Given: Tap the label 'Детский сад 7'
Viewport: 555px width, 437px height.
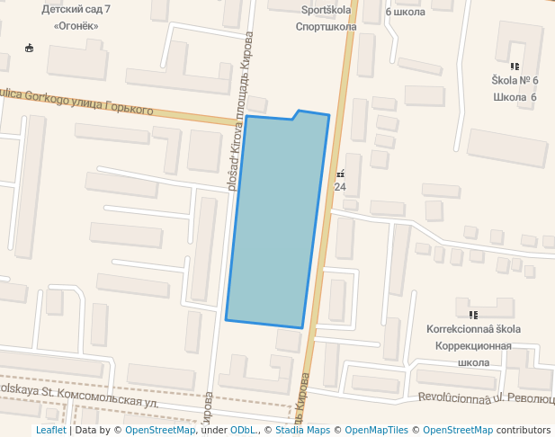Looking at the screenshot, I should coord(76,9).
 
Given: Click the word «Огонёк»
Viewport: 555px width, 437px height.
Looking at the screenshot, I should coord(76,25).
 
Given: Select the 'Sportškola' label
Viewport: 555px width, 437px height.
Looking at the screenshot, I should coord(326,11).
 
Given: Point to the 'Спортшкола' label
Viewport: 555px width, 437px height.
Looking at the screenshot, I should coord(327,27).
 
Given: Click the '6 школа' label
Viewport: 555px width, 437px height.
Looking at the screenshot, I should coord(406,12).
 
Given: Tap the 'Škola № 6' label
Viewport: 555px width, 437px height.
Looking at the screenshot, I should coord(515,81).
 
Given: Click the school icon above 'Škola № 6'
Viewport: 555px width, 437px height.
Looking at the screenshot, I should coord(515,67).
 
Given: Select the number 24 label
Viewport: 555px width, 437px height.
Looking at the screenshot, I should coord(340,187).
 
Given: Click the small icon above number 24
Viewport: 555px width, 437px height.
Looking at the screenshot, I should coord(340,174).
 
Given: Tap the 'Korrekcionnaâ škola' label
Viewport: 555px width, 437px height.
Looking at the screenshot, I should coord(473,329).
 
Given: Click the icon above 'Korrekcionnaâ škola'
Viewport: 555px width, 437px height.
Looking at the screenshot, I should coord(473,315).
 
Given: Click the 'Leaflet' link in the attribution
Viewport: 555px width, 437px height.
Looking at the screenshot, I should coord(51,430).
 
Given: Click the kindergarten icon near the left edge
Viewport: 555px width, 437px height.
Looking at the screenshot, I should coord(30,48).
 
